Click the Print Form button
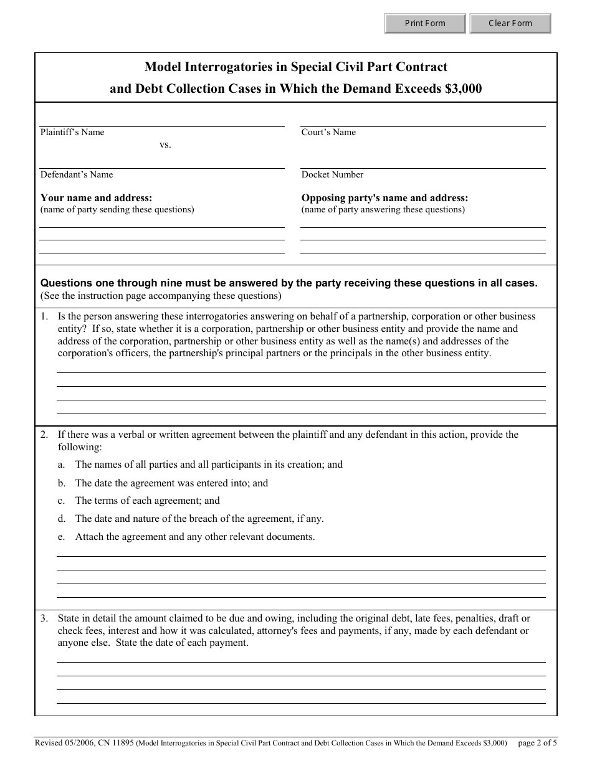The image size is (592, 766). pyautogui.click(x=425, y=24)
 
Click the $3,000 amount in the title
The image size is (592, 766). pyautogui.click(x=463, y=88)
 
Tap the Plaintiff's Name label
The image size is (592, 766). pyautogui.click(x=72, y=132)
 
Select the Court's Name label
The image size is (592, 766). pyautogui.click(x=328, y=132)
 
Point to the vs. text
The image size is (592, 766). pyautogui.click(x=165, y=144)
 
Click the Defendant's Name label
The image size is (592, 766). pyautogui.click(x=77, y=174)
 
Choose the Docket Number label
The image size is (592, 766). pyautogui.click(x=332, y=174)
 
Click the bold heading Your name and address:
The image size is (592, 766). pyautogui.click(x=96, y=198)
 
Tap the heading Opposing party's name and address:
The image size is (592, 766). pyautogui.click(x=384, y=198)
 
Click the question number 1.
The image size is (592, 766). pyautogui.click(x=44, y=316)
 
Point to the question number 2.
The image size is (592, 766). pyautogui.click(x=44, y=435)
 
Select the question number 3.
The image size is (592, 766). pyautogui.click(x=44, y=618)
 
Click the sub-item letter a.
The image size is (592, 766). pyautogui.click(x=61, y=465)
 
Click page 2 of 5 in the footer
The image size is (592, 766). pyautogui.click(x=537, y=742)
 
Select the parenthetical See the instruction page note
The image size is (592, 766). pyautogui.click(x=161, y=296)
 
